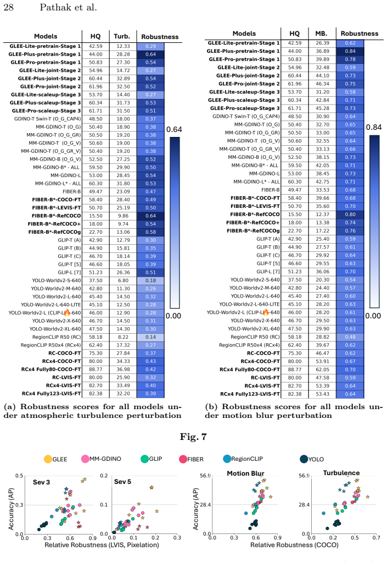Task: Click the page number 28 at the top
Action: coord(9,7)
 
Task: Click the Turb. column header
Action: coord(122,36)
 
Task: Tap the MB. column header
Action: coord(321,34)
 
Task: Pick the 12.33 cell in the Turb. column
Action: coord(123,46)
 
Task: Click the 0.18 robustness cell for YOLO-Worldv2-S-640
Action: coord(150,280)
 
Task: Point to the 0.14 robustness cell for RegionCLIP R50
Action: coord(150,337)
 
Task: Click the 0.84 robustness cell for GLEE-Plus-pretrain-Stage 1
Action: coord(350,51)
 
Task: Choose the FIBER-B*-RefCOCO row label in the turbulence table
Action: coord(56,216)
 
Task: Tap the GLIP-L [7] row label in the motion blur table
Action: coord(268,272)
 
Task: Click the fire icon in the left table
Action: coord(67,312)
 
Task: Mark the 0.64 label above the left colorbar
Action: coord(174,129)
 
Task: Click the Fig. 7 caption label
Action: coord(193,437)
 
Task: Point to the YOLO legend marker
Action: coord(304,459)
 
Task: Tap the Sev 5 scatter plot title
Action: coord(122,482)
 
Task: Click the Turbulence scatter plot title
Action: coord(341,473)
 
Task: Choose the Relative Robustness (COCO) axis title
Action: coord(294,545)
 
